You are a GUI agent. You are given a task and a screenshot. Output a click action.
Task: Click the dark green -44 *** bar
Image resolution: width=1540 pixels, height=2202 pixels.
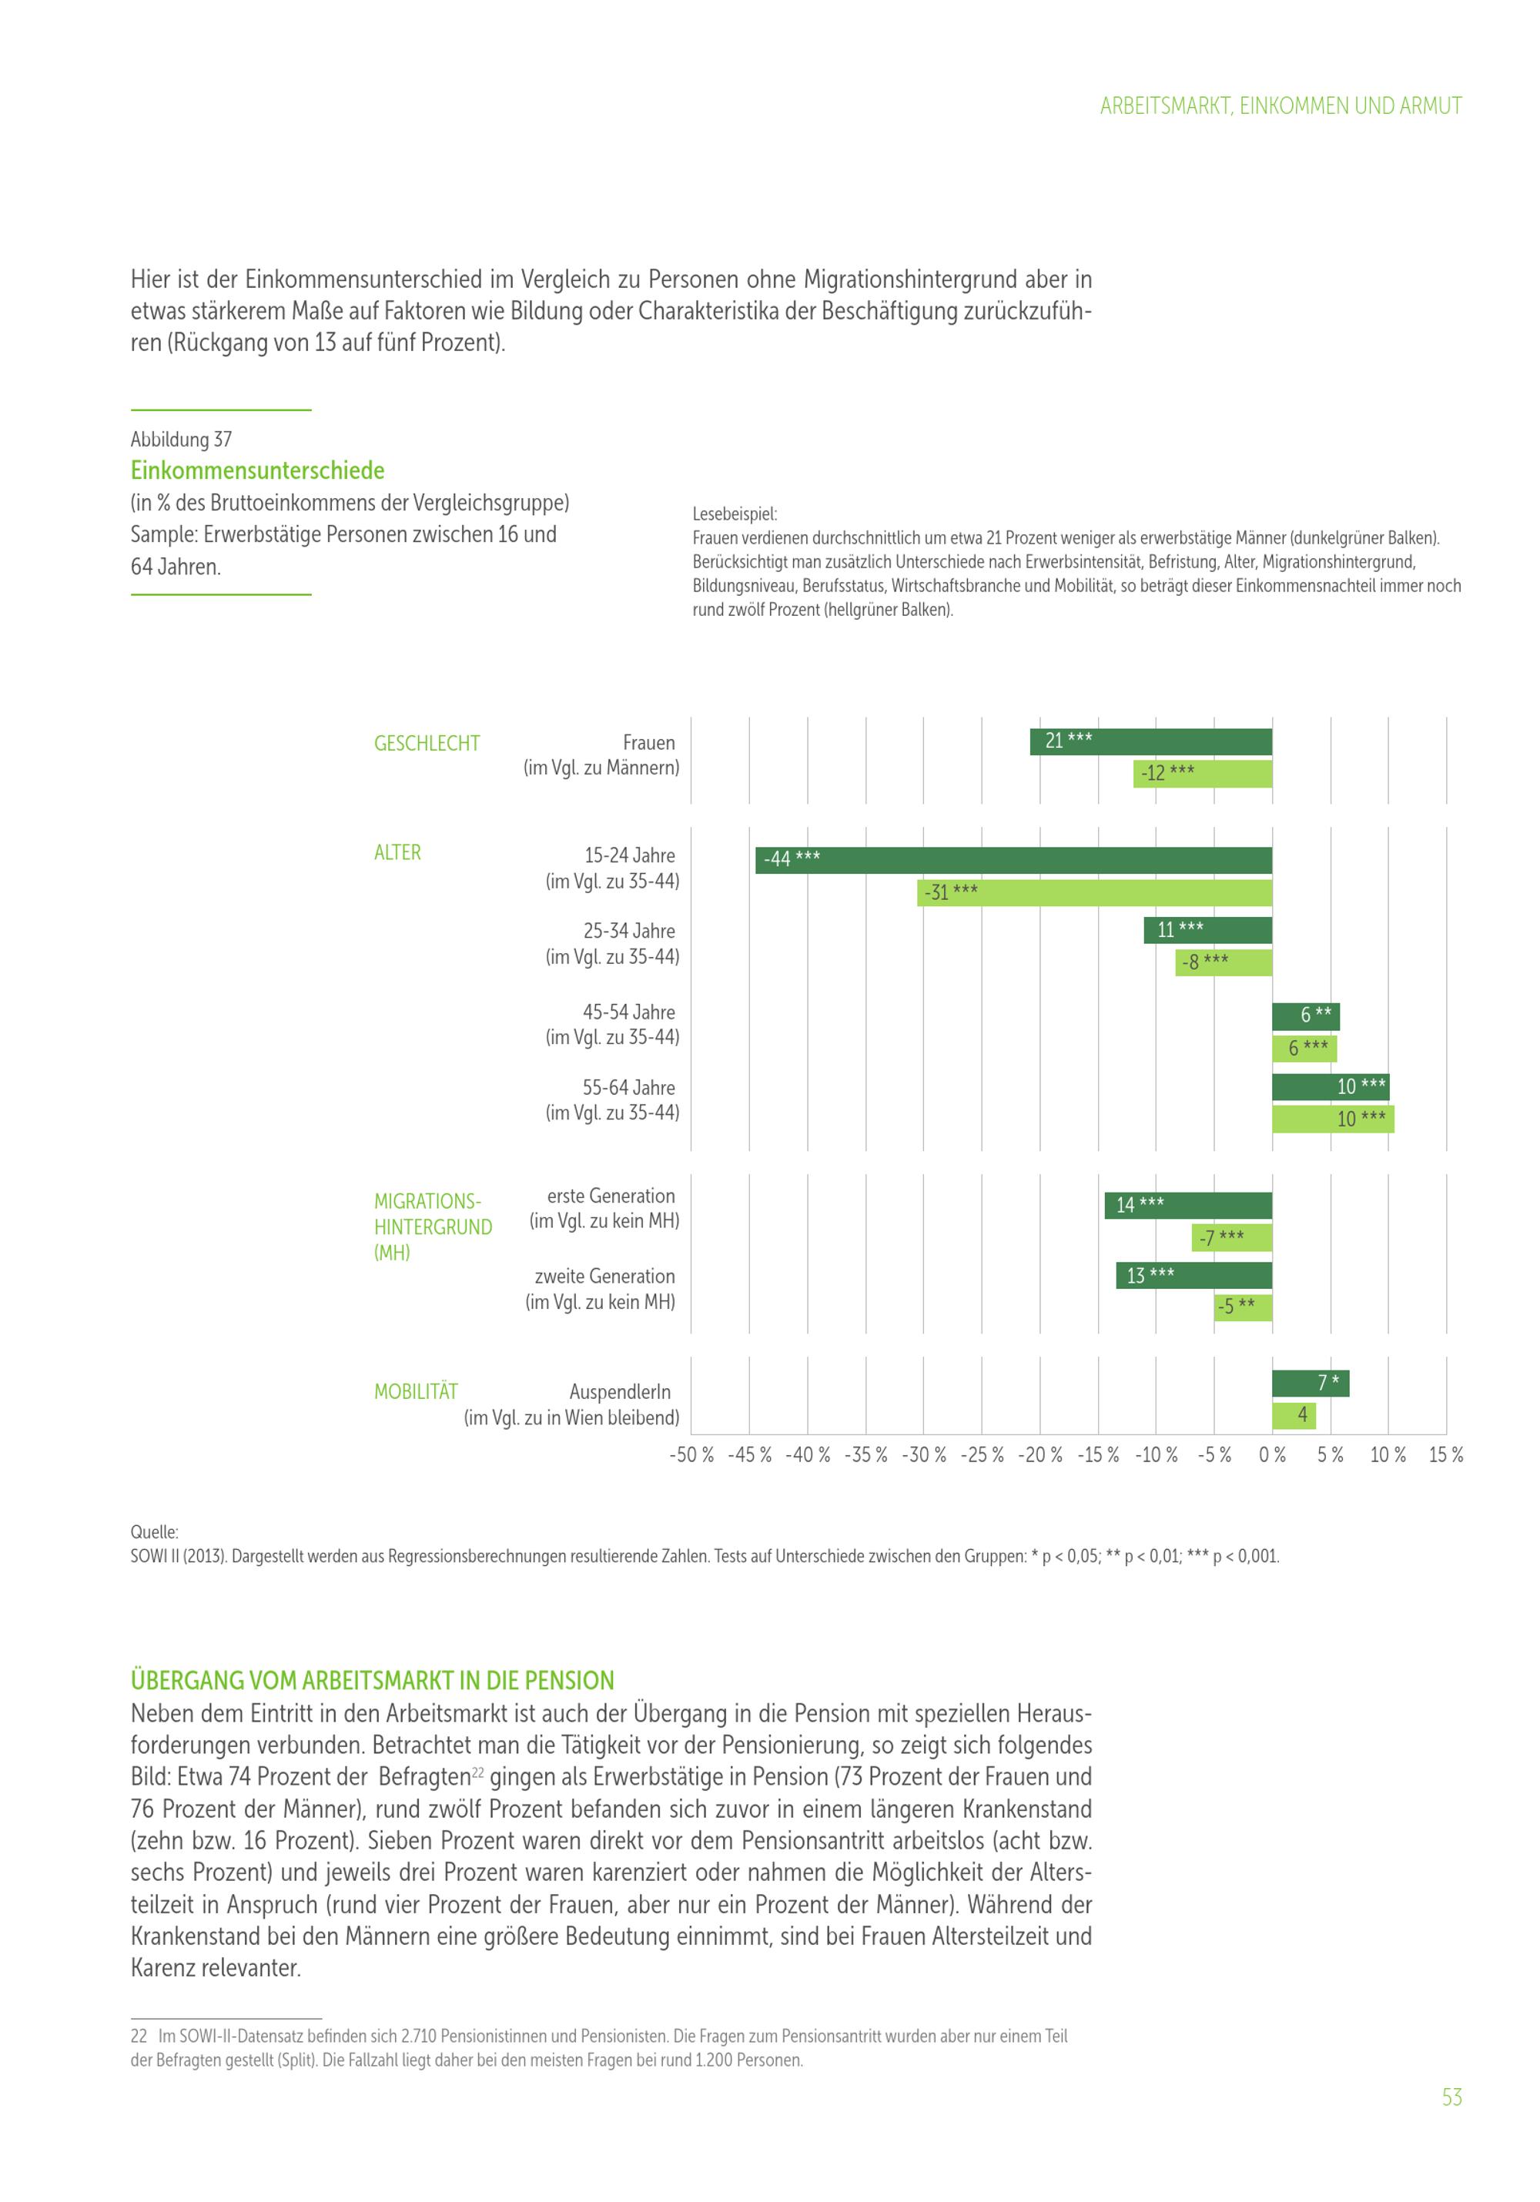1013,860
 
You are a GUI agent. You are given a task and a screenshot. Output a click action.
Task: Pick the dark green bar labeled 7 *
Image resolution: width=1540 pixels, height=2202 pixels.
1310,1383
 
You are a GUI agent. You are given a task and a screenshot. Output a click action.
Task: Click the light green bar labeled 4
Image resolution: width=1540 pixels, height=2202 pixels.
1294,1414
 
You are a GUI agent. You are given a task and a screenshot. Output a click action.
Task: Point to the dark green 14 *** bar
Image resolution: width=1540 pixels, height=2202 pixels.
1188,1206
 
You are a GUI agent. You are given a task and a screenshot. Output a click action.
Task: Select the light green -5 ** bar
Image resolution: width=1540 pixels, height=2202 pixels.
1243,1307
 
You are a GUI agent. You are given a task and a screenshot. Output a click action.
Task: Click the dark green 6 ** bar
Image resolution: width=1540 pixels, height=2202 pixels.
1305,1016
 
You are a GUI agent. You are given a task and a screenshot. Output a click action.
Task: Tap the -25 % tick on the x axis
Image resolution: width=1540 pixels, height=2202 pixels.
982,1455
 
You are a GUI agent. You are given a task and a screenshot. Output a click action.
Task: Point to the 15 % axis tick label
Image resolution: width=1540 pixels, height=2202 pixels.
1445,1455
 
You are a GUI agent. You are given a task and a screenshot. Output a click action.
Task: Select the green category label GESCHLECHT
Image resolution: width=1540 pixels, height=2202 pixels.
427,743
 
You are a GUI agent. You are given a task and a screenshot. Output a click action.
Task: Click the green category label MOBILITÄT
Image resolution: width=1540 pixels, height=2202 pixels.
415,1391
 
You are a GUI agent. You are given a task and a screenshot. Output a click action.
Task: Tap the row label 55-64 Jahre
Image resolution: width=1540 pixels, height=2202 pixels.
628,1088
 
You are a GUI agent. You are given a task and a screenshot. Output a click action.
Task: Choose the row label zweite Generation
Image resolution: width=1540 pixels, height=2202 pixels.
604,1277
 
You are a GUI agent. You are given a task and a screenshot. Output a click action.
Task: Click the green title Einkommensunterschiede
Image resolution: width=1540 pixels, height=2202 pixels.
257,471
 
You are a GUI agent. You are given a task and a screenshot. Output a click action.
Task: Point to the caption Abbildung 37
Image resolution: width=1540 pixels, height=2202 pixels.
181,440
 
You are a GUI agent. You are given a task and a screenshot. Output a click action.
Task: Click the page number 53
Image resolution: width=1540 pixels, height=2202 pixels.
1451,2097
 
